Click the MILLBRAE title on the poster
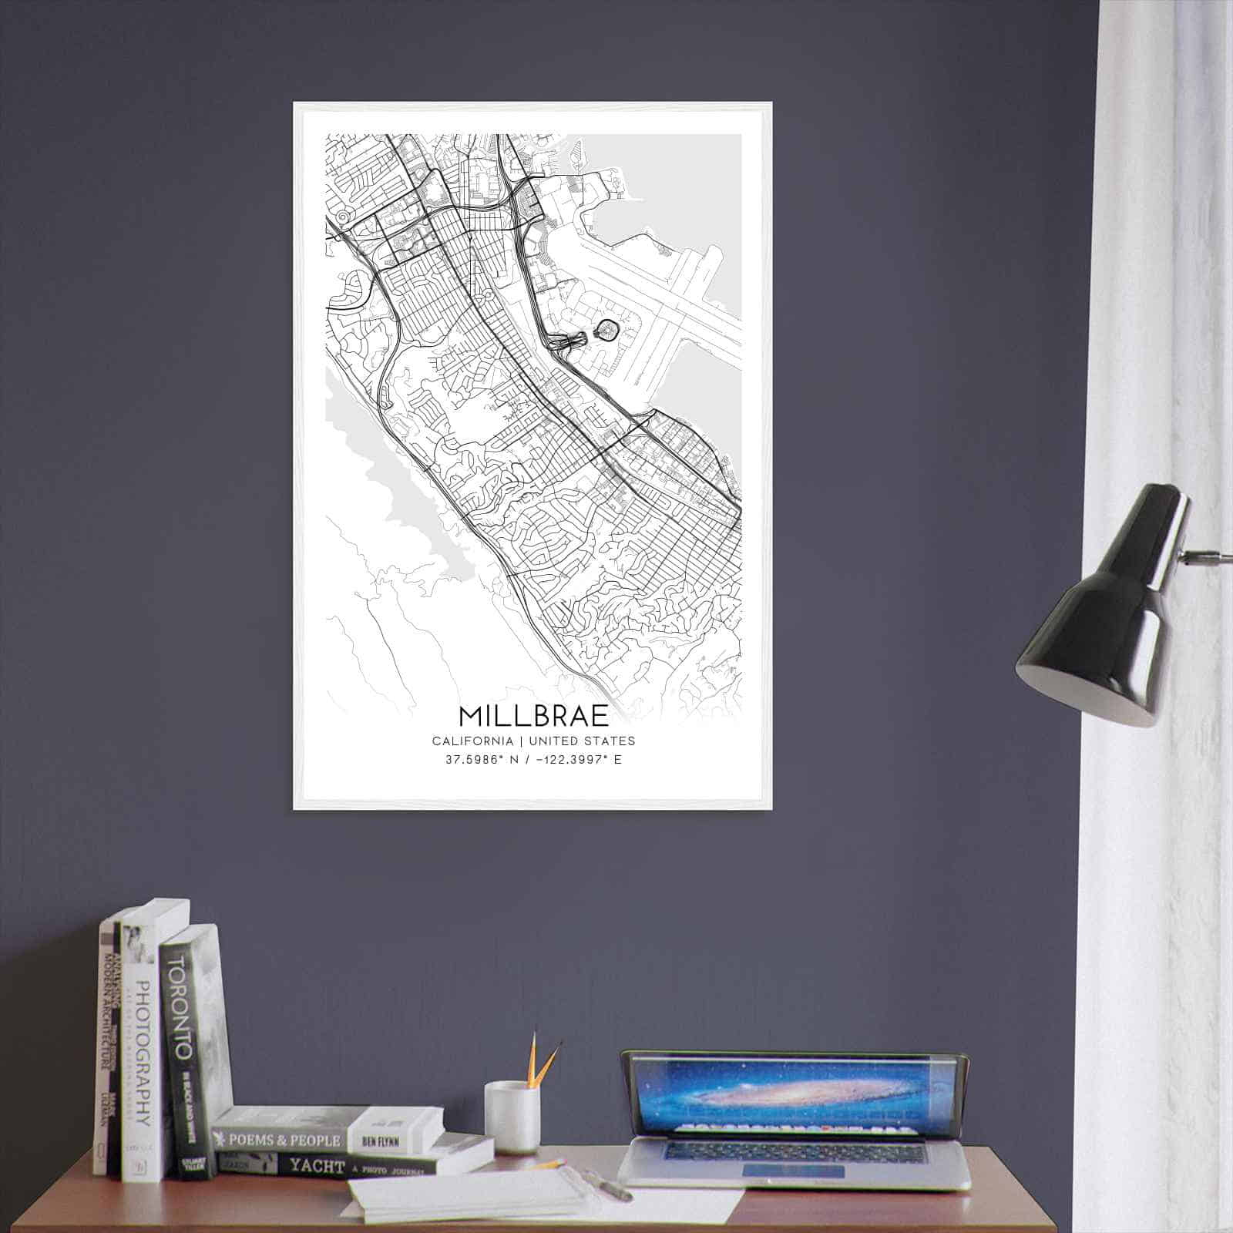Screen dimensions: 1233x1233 533,715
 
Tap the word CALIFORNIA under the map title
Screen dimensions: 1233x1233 472,741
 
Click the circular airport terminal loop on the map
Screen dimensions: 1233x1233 607,330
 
